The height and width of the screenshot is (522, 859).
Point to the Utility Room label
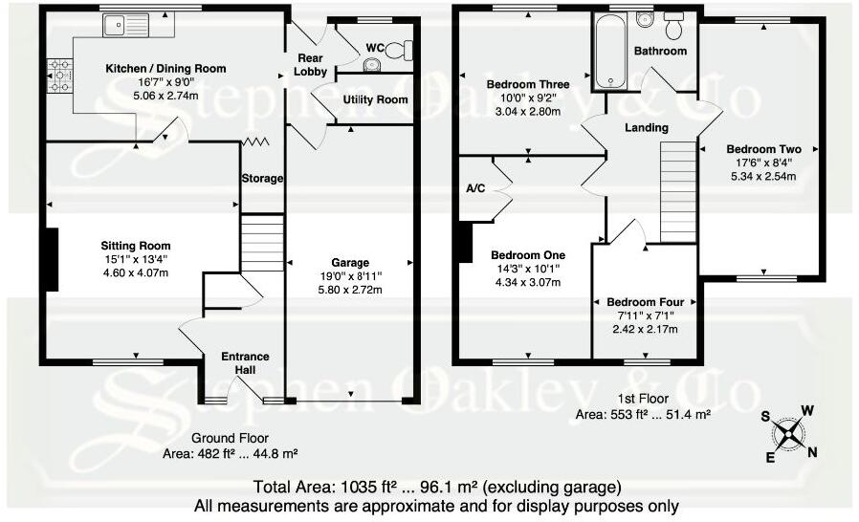point(376,99)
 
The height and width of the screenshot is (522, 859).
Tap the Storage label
point(262,178)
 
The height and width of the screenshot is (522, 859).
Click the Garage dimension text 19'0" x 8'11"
point(351,275)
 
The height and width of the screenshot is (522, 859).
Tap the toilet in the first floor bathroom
point(675,22)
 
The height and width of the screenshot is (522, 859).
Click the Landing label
point(647,127)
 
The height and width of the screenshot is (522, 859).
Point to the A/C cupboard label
point(475,188)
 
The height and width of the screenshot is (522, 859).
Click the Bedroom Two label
point(763,149)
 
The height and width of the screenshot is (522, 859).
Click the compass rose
point(787,433)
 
